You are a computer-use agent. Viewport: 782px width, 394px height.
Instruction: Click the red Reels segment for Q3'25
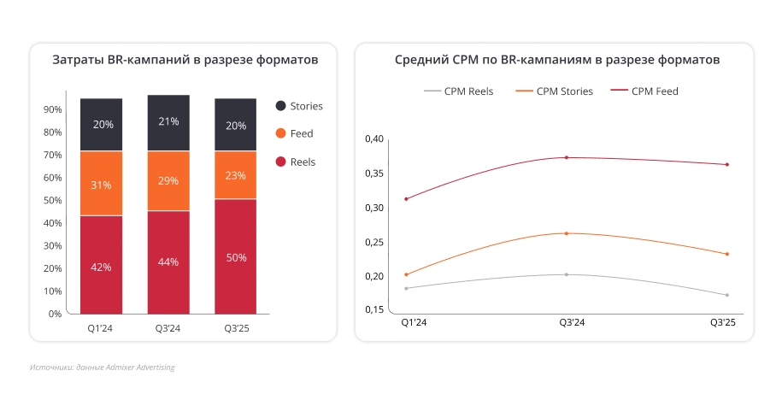point(235,256)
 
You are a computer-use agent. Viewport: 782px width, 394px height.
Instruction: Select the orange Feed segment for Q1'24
point(102,184)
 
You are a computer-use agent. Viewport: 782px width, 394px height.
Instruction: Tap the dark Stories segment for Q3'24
point(168,122)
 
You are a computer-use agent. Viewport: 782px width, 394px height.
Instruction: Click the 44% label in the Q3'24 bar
point(168,262)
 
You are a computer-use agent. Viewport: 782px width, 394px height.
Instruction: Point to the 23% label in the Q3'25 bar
point(235,175)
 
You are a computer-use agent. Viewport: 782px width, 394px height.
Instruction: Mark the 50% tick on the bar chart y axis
point(52,200)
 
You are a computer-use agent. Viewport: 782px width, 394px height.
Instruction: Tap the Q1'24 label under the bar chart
point(102,327)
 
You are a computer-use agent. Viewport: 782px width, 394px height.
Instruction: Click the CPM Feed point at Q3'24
point(566,157)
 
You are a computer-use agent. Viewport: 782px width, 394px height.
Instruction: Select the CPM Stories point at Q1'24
point(406,274)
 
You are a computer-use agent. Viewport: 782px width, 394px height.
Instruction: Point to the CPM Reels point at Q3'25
point(726,295)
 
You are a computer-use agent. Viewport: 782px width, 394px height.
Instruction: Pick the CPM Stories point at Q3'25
point(726,254)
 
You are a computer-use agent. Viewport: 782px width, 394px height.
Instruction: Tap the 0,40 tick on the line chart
point(374,138)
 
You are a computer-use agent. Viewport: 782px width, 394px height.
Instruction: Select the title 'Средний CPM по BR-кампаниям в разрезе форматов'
point(556,61)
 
